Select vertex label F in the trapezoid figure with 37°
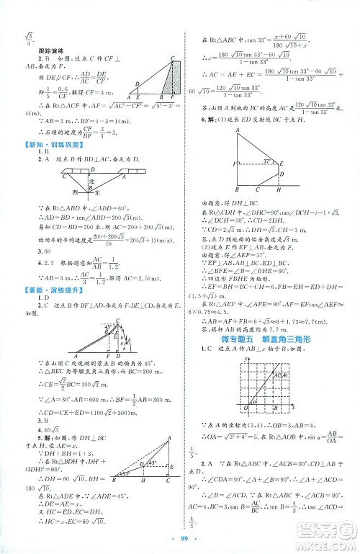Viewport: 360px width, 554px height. coord(236,164)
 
